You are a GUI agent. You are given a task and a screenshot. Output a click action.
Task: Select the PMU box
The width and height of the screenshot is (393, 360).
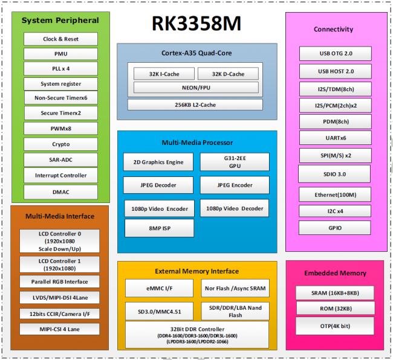click(60, 54)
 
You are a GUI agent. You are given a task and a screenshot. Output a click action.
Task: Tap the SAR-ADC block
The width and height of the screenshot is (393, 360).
click(60, 160)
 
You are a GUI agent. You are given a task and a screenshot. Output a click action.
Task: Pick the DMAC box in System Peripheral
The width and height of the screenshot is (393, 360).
click(60, 191)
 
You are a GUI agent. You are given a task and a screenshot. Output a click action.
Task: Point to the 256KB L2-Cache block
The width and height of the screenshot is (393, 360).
click(195, 105)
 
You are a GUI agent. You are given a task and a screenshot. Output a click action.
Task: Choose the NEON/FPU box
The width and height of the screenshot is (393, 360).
click(196, 88)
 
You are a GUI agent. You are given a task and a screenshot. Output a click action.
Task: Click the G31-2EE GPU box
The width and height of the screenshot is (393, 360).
click(235, 161)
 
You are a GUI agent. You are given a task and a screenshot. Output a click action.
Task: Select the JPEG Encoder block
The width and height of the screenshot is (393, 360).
click(235, 185)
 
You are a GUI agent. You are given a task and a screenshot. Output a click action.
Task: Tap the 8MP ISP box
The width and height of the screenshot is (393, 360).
click(160, 228)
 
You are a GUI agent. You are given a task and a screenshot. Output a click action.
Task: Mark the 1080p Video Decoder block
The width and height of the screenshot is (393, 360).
click(235, 208)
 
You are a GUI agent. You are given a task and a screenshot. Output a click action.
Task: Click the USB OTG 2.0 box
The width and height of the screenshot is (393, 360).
click(336, 54)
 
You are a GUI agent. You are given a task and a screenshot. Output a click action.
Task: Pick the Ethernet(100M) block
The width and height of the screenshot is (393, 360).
click(336, 194)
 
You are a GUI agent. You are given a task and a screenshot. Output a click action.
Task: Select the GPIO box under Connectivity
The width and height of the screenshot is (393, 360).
click(336, 228)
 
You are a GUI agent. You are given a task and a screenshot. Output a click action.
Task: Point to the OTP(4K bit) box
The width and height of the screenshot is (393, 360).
click(335, 327)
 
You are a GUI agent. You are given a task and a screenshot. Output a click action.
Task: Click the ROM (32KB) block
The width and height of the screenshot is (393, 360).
click(335, 309)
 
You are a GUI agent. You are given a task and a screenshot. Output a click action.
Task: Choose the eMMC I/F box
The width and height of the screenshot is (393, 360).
click(160, 289)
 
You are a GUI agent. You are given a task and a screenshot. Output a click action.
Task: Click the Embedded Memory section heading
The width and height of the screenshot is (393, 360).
click(335, 273)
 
